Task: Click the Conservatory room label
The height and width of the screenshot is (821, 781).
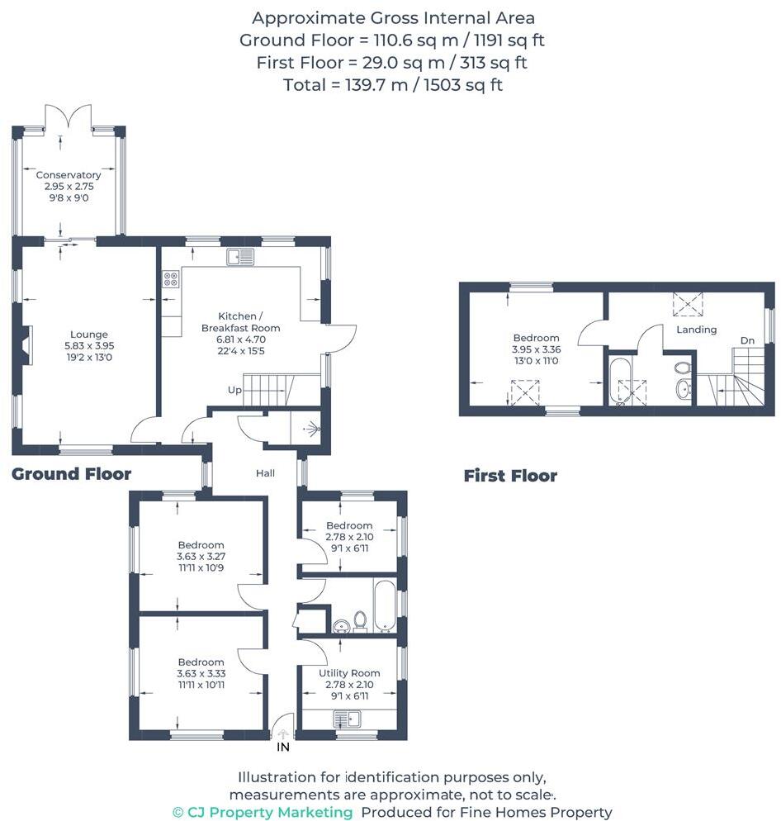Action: tap(69, 175)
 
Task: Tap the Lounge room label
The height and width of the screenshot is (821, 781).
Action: tap(89, 334)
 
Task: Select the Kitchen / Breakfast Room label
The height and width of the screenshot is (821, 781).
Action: tap(241, 322)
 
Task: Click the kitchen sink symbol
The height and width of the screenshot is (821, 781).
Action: tap(240, 257)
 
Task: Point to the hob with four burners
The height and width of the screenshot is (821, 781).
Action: tap(171, 278)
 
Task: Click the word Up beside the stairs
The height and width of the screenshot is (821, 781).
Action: tap(234, 390)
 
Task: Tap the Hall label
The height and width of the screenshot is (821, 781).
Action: tap(265, 473)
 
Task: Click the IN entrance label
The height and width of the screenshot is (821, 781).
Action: tap(283, 747)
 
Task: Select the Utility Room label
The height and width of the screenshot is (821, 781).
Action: tap(350, 673)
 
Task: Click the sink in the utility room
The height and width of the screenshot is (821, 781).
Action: tap(347, 719)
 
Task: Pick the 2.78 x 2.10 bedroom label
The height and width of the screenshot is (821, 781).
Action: tap(350, 537)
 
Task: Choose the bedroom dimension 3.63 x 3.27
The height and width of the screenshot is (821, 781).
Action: tap(201, 556)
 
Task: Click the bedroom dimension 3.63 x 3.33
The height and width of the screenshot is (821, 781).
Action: tap(201, 673)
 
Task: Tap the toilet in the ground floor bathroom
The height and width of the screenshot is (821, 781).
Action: tap(360, 621)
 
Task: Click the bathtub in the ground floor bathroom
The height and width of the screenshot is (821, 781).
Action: tap(386, 605)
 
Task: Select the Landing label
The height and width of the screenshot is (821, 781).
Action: tap(696, 330)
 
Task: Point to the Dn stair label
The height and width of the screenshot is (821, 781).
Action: tap(747, 340)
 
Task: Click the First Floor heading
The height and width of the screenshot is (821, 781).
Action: tap(510, 476)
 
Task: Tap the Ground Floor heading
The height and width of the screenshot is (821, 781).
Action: tap(71, 474)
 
